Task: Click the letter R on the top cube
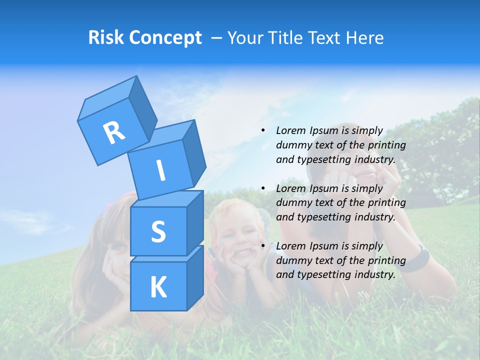114,132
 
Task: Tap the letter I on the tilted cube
160,170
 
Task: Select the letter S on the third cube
158,231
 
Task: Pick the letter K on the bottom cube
158,287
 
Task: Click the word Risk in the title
105,37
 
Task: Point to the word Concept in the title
165,38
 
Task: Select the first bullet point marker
263,130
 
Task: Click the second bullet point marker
263,188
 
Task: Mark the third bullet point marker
263,246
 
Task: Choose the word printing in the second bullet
387,202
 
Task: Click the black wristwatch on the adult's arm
418,259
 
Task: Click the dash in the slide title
217,38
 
